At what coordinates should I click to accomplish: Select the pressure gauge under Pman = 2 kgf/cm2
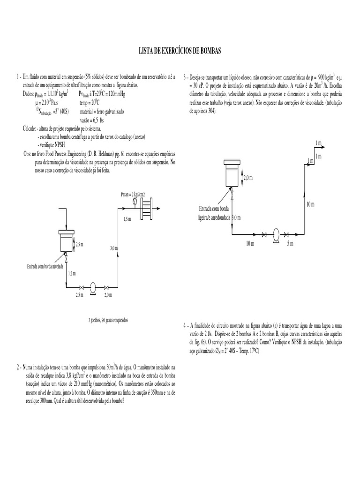[x=135, y=202]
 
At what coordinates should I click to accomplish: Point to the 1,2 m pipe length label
[x=71, y=273]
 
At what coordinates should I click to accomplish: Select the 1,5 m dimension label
[x=127, y=219]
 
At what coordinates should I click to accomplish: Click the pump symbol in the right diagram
[x=276, y=233]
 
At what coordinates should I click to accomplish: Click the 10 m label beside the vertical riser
[x=310, y=204]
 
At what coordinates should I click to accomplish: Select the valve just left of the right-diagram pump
[x=264, y=233]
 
